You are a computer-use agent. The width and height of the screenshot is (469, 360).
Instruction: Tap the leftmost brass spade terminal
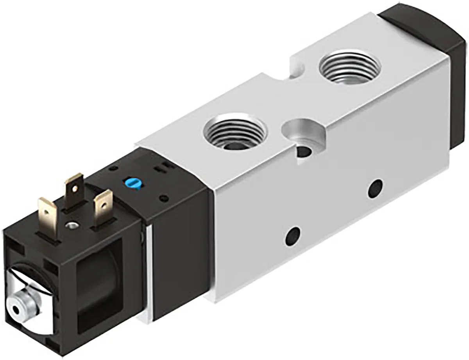tap(48, 211)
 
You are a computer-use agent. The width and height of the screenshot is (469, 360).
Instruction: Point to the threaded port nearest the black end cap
tap(349, 66)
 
